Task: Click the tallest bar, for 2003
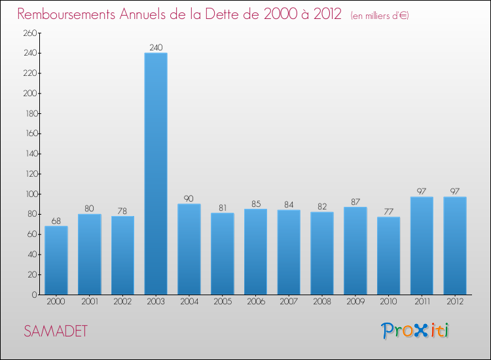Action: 156,173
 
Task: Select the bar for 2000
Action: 56,260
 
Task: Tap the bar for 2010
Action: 388,256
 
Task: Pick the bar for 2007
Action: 289,252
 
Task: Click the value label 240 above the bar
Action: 156,47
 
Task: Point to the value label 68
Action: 56,221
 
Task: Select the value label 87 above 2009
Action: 355,202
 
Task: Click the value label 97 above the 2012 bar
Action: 455,191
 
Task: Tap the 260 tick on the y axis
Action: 30,33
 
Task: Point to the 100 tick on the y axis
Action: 31,194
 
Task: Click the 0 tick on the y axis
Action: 35,295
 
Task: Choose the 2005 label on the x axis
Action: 223,302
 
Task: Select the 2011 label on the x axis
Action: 422,302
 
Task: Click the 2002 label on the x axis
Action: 122,302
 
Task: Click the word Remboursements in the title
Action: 66,14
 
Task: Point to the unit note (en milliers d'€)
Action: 380,16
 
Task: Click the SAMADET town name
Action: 56,331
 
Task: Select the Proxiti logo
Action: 415,331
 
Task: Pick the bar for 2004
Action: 189,249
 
